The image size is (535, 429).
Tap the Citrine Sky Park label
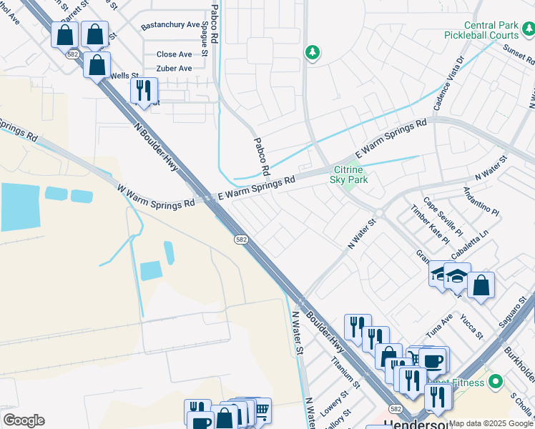(x=348, y=175)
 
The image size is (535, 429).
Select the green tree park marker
(x=312, y=52)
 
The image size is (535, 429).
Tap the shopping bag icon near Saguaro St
(x=481, y=285)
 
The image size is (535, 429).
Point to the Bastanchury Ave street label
(x=170, y=25)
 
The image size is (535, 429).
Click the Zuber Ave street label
(x=174, y=69)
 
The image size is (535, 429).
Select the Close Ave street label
(x=174, y=54)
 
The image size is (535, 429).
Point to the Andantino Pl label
(x=481, y=201)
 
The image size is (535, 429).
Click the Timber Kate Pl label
(x=430, y=225)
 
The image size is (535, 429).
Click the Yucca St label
(x=473, y=325)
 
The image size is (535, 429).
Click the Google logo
(x=24, y=420)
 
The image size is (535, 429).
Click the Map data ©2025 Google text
(x=491, y=423)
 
